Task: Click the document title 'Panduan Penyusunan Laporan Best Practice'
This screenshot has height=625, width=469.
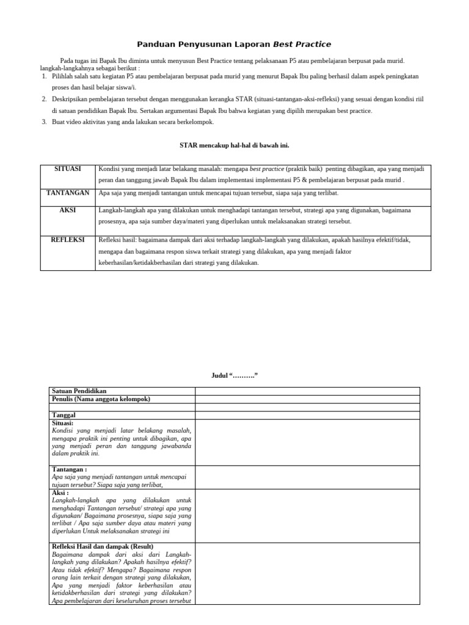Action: [x=234, y=44]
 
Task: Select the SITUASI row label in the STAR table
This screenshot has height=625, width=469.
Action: [x=68, y=169]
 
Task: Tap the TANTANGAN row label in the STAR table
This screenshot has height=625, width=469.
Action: [x=68, y=193]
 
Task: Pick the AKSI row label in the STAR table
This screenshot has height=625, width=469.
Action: [x=68, y=210]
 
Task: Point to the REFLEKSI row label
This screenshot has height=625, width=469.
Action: [x=68, y=240]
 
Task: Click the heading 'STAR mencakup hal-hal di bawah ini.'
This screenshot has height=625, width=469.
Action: [x=234, y=145]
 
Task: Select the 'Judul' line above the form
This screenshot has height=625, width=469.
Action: [x=234, y=375]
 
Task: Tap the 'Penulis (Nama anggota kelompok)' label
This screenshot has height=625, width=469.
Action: [x=101, y=399]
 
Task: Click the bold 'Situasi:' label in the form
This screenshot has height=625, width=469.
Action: [x=63, y=423]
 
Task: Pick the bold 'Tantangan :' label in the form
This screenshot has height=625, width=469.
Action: [x=70, y=469]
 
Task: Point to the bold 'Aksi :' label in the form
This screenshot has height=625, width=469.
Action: [x=61, y=493]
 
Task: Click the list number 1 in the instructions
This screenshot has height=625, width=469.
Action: [x=44, y=76]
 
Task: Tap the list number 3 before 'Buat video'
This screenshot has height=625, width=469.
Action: [x=44, y=122]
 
